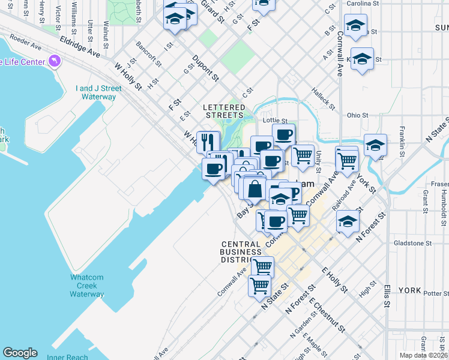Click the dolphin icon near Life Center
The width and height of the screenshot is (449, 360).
(55, 61)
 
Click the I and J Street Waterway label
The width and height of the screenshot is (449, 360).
(98, 92)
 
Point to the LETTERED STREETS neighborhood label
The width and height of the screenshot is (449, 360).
(225, 110)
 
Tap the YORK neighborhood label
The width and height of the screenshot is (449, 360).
(409, 290)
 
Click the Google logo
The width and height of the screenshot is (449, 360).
(20, 353)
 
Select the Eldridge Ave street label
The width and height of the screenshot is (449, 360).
(80, 46)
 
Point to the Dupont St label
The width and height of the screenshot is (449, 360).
(205, 68)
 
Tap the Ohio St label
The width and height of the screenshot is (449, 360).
(357, 115)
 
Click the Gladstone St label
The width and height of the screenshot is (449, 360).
(411, 244)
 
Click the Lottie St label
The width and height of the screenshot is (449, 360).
(276, 121)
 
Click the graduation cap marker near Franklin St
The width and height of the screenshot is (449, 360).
(376, 145)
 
